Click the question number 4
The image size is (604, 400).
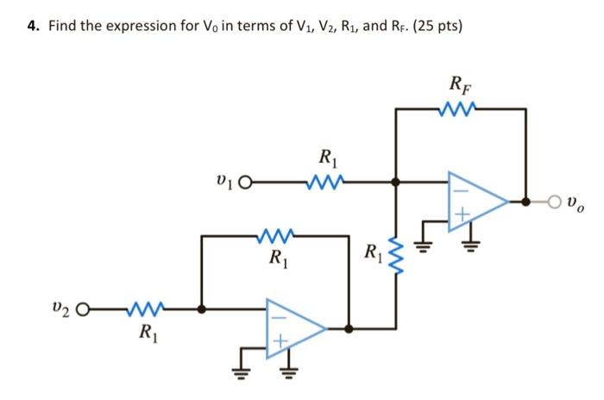[x=32, y=26]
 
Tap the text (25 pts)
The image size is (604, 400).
[x=436, y=26]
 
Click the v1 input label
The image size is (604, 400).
[x=223, y=182]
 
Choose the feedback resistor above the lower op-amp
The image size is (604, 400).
[x=277, y=234]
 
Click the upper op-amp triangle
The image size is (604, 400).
[x=475, y=203]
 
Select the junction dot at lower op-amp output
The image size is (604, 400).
[x=349, y=328]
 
